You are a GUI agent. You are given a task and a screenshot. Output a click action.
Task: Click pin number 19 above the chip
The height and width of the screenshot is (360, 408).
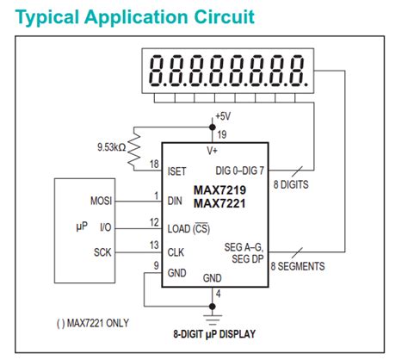pyautogui.click(x=222, y=133)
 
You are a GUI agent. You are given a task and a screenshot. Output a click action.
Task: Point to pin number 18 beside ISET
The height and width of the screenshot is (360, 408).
pyautogui.click(x=154, y=164)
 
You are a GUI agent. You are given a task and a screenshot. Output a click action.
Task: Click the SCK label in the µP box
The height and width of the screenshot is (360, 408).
pyautogui.click(x=102, y=252)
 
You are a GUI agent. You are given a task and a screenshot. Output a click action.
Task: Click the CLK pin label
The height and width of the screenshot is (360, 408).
pyautogui.click(x=176, y=252)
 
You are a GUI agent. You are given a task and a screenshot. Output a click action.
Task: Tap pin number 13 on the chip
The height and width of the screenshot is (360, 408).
pyautogui.click(x=154, y=245)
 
